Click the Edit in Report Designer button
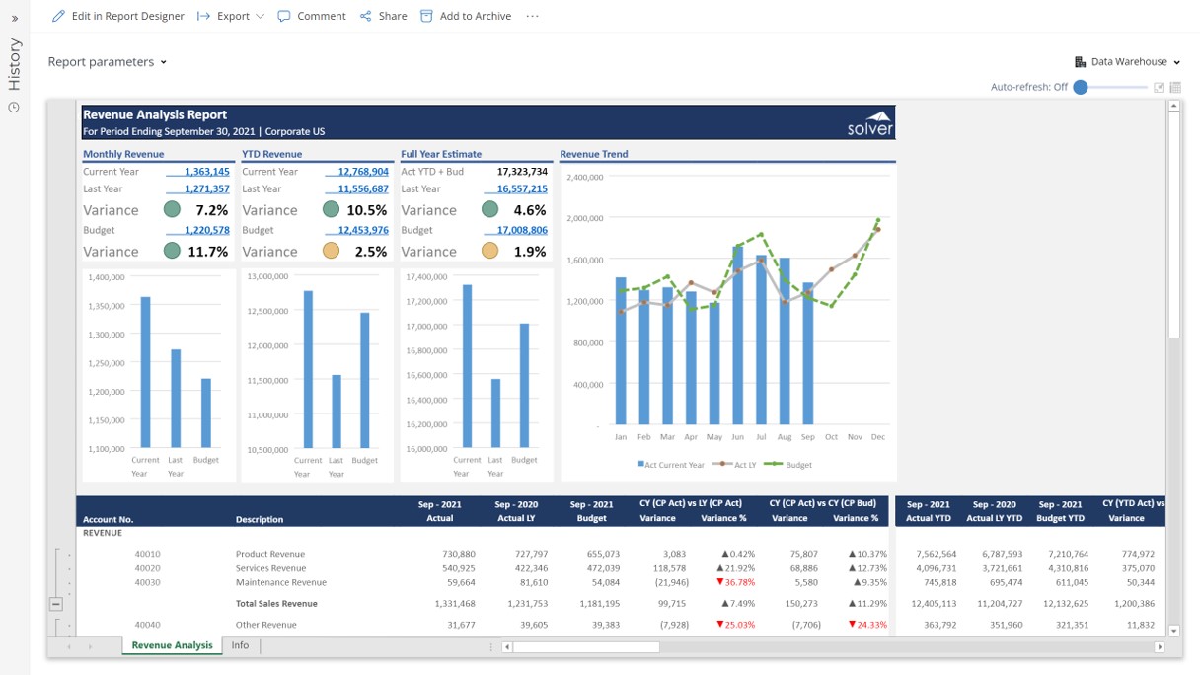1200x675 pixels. (x=118, y=16)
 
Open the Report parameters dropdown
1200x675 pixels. (x=108, y=62)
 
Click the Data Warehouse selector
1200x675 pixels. (x=1128, y=62)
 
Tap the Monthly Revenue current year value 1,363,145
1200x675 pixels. (x=207, y=172)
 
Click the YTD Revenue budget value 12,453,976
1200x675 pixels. (x=363, y=230)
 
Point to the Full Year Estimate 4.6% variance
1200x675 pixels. (x=529, y=210)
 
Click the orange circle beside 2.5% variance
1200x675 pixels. (x=331, y=251)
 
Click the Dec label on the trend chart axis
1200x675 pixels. (x=877, y=436)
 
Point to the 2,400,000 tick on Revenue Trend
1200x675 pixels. (x=585, y=177)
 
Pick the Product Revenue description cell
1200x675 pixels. (x=270, y=554)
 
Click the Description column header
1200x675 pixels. (x=260, y=519)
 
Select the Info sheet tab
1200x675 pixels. (x=240, y=645)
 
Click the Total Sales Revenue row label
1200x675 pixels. (x=276, y=604)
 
